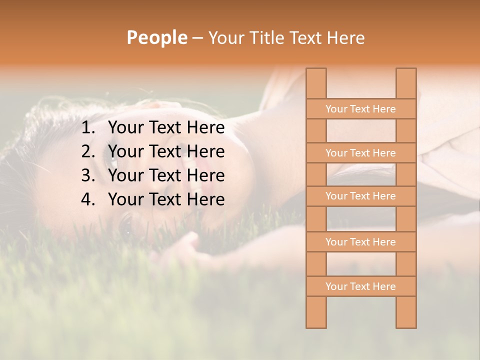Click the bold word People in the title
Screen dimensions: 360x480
pyautogui.click(x=157, y=37)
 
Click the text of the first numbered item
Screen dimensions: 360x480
pyautogui.click(x=166, y=128)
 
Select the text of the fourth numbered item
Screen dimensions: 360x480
pyautogui.click(x=166, y=199)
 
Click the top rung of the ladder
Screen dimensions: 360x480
pyautogui.click(x=360, y=109)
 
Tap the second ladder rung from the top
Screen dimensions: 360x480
pyautogui.click(x=360, y=153)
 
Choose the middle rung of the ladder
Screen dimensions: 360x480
pyautogui.click(x=360, y=196)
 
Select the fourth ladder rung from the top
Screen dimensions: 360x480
pyautogui.click(x=360, y=242)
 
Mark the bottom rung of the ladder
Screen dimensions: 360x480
pyautogui.click(x=360, y=286)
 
